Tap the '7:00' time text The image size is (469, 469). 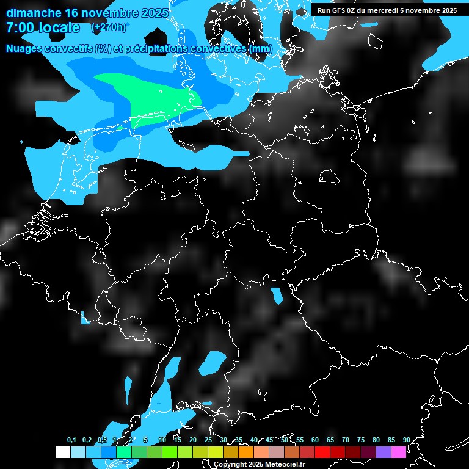(22, 27)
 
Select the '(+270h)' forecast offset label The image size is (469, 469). (109, 27)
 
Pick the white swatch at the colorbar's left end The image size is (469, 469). (62, 452)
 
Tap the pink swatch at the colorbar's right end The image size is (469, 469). (399, 452)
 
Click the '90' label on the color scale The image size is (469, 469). (406, 440)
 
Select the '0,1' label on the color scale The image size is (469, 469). (71, 440)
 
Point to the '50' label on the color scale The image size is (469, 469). (285, 440)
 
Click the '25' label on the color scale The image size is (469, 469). (208, 440)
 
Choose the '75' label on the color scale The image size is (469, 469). (360, 440)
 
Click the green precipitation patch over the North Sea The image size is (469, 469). (153, 98)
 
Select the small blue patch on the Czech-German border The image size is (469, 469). (278, 296)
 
